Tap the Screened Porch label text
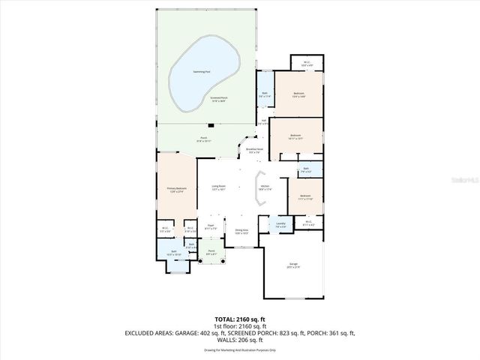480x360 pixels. (220, 99)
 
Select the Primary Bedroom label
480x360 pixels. (175, 191)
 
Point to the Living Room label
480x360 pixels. (219, 188)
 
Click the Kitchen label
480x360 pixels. (265, 188)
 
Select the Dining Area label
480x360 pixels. (241, 232)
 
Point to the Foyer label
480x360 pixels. (211, 226)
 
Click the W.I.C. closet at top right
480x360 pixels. (306, 64)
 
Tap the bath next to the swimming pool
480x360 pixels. (265, 95)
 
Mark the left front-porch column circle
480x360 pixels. (202, 264)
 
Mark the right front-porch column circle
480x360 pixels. (223, 264)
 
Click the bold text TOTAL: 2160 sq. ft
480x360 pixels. (240, 318)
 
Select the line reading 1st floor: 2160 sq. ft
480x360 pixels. (240, 325)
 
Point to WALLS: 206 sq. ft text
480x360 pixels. (240, 340)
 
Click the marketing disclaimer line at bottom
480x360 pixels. (240, 350)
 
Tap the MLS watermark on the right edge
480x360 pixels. (470, 180)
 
